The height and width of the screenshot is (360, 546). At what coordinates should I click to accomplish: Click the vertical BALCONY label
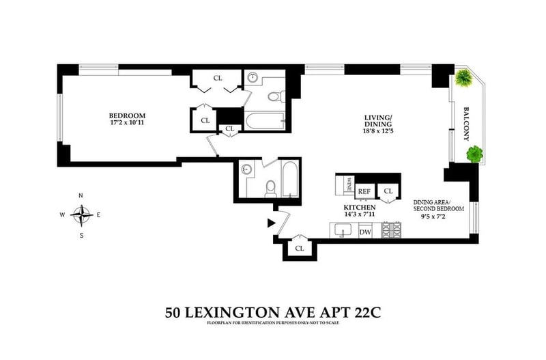click(x=468, y=123)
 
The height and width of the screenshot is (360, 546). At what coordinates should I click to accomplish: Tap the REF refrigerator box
click(x=364, y=191)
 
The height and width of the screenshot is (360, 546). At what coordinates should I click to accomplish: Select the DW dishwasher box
click(x=365, y=232)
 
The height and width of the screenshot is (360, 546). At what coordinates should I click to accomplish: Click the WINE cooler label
click(x=349, y=184)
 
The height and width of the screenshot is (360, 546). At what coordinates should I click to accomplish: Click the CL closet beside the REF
click(x=388, y=191)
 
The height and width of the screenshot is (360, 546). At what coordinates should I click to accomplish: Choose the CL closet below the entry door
click(x=299, y=248)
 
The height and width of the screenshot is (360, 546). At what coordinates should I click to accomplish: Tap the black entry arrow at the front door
click(x=271, y=222)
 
